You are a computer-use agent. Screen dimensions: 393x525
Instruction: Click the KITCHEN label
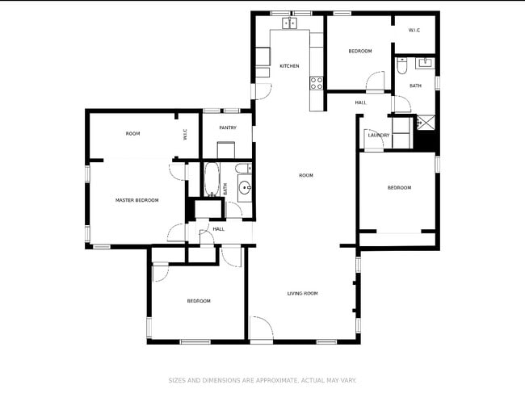(x=289, y=66)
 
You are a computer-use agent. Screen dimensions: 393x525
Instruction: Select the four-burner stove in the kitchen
(x=316, y=82)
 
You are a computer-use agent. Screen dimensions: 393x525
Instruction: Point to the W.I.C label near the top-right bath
(x=414, y=31)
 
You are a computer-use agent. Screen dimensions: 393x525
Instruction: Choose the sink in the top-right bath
(x=424, y=62)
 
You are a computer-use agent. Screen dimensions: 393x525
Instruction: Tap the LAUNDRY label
(x=378, y=136)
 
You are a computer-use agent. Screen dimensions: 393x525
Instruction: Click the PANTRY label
(x=228, y=128)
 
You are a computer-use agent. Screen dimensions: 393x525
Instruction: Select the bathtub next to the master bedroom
(x=212, y=180)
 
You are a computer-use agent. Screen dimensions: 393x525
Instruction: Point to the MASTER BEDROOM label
(x=136, y=200)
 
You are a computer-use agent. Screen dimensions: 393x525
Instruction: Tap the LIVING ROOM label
(x=303, y=294)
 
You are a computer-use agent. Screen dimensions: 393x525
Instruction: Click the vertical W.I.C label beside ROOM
(x=185, y=134)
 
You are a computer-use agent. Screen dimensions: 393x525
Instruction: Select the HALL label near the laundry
(x=360, y=102)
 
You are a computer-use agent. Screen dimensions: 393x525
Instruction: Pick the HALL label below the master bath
(x=218, y=229)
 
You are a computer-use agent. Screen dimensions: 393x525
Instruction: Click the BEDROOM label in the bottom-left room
(x=199, y=301)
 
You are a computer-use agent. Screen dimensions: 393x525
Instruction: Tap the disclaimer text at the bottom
(x=262, y=380)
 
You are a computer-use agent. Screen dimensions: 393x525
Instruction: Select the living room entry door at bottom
(x=260, y=329)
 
